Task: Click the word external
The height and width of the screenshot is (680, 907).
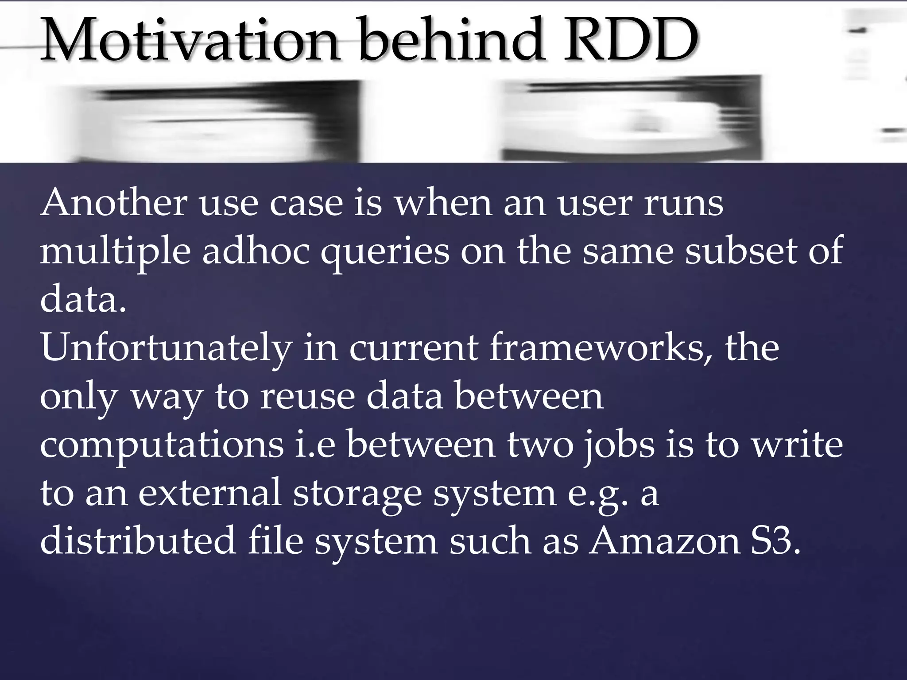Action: pyautogui.click(x=210, y=493)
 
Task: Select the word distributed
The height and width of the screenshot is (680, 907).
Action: pyautogui.click(x=138, y=541)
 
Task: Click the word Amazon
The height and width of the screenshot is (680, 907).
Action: pyautogui.click(x=664, y=541)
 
